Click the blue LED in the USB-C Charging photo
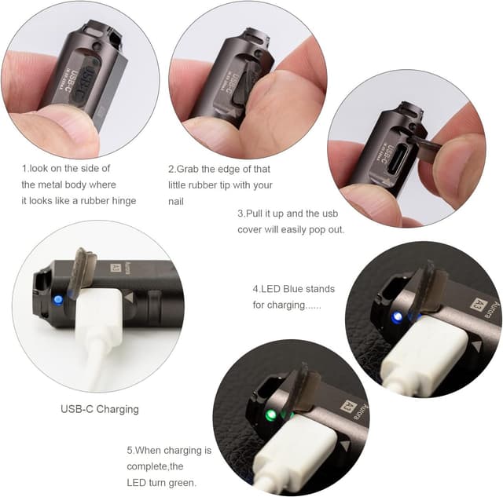pos(58,298)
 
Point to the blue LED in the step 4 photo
pos(397,316)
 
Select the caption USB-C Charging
pos(101,408)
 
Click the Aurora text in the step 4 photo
pos(479,311)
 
